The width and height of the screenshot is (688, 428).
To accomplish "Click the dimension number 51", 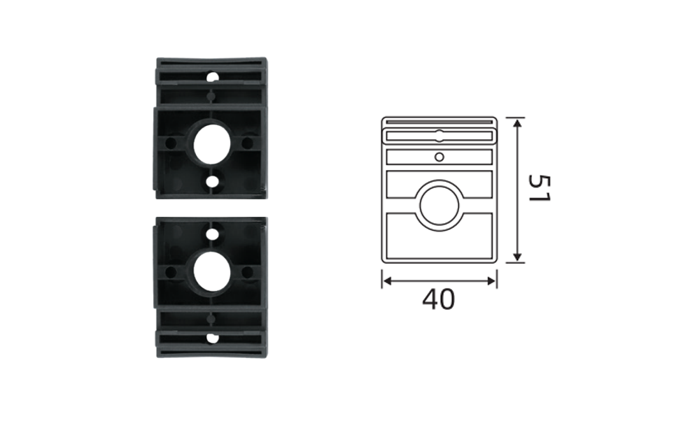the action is click(539, 188).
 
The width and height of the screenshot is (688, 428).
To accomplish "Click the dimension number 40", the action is click(438, 300).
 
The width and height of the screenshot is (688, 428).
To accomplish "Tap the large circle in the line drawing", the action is click(440, 206).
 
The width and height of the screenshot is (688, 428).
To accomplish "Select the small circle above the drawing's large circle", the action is click(440, 157).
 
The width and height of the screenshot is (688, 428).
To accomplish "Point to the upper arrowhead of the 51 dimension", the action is click(518, 123).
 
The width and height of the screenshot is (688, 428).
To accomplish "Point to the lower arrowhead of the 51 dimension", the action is click(518, 257).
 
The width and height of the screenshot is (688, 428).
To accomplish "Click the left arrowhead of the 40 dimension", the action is click(387, 280).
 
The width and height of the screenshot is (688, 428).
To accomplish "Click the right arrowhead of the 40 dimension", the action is click(491, 280).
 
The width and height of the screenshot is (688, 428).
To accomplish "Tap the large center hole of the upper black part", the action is click(212, 144).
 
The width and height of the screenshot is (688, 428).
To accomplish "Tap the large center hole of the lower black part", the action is click(212, 272).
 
